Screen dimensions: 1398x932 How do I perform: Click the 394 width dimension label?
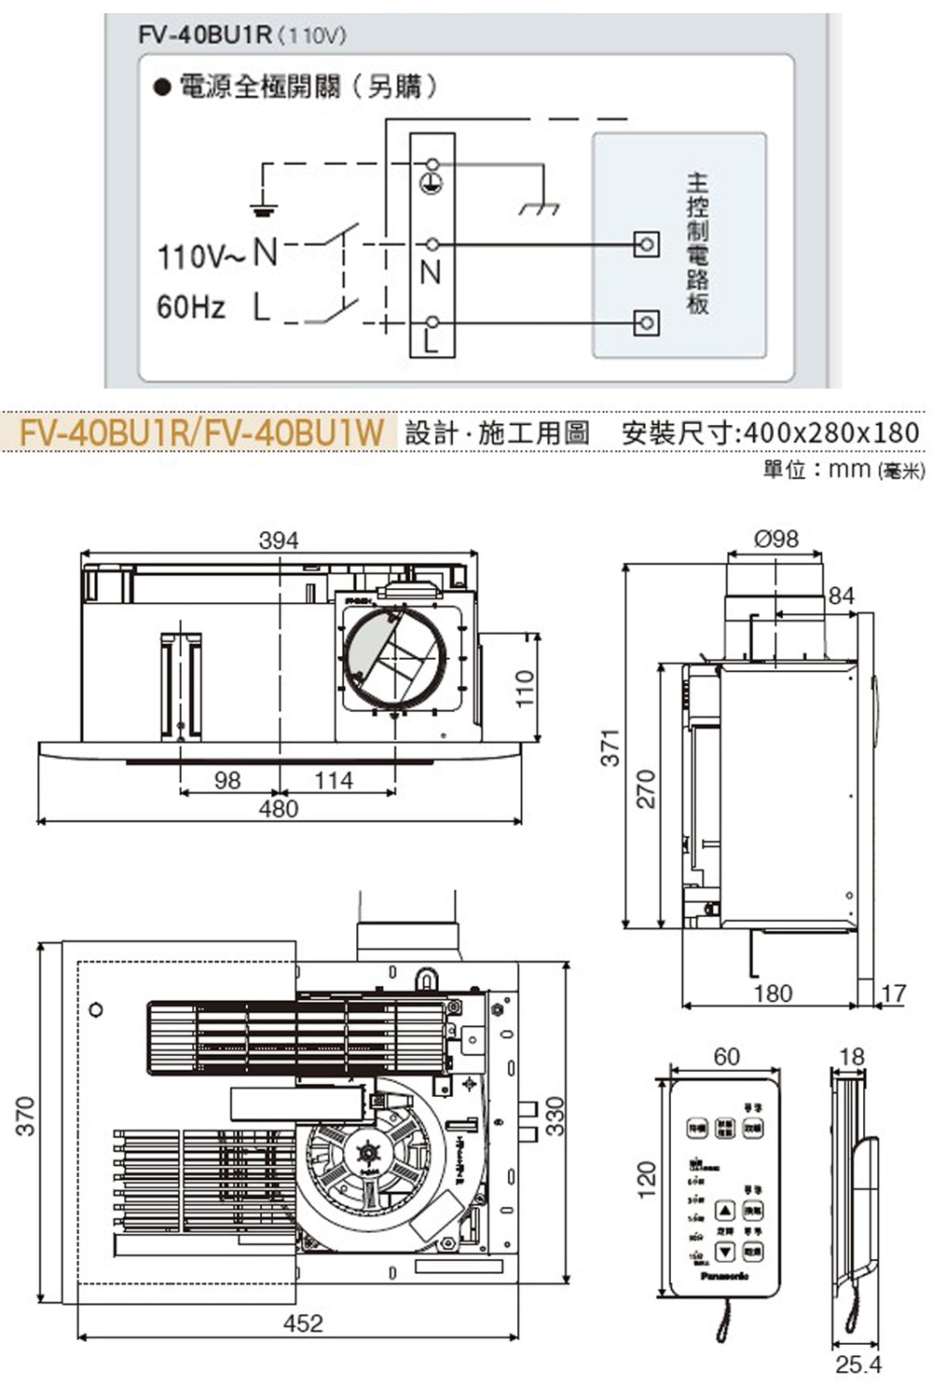[279, 540]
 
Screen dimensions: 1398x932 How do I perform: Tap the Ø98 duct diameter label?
[775, 539]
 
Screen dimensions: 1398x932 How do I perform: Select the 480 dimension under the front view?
[279, 809]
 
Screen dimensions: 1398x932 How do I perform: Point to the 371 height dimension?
[610, 747]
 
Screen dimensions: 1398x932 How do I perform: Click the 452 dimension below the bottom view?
[303, 1323]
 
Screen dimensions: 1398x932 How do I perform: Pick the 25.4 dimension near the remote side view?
[857, 1365]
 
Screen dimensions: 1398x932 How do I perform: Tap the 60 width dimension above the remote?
[726, 1057]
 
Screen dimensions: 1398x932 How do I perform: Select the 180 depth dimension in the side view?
[773, 994]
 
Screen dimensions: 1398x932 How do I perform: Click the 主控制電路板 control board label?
[697, 243]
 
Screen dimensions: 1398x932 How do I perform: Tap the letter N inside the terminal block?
[431, 273]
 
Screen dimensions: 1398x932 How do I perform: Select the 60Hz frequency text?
[191, 307]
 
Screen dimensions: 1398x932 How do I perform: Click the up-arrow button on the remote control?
[726, 1211]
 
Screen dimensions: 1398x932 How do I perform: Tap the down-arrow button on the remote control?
[726, 1252]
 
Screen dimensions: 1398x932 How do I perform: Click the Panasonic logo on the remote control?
[725, 1276]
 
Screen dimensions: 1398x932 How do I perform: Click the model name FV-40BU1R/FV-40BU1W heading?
[202, 433]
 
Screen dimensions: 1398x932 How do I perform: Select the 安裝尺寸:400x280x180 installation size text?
[770, 433]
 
